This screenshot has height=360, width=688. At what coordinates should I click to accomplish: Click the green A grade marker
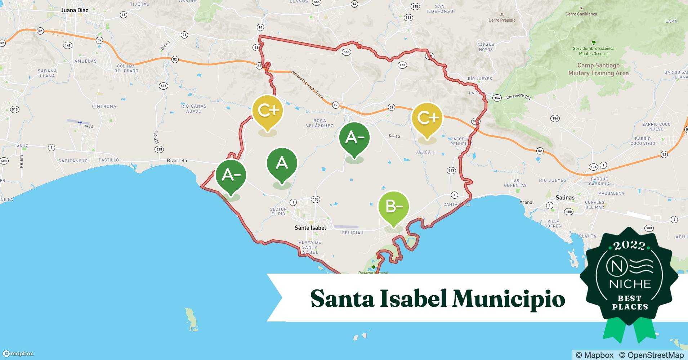(282, 163)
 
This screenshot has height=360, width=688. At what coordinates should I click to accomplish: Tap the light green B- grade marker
(393, 207)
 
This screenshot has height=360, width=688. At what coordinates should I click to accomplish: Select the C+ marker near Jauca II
(427, 118)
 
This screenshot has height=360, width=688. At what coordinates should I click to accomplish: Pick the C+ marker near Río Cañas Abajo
(267, 110)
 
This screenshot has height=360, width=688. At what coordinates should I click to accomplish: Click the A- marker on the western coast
(231, 175)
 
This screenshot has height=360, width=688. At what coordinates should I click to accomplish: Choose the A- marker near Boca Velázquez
(354, 137)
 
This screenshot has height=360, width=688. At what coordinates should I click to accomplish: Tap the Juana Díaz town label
(74, 10)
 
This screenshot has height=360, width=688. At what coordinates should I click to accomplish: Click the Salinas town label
(565, 197)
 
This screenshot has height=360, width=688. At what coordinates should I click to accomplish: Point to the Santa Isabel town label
(310, 228)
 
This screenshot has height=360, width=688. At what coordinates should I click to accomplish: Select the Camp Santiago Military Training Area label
(598, 69)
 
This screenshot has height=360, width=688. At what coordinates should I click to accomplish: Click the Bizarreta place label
(177, 161)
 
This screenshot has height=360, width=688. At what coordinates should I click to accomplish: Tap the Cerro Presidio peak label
(502, 20)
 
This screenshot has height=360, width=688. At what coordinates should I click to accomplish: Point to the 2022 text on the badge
(629, 246)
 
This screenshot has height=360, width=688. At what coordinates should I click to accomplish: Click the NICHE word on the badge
(630, 284)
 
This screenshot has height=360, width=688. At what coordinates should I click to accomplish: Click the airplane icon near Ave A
(80, 123)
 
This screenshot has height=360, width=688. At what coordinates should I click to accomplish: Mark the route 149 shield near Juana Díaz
(67, 45)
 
